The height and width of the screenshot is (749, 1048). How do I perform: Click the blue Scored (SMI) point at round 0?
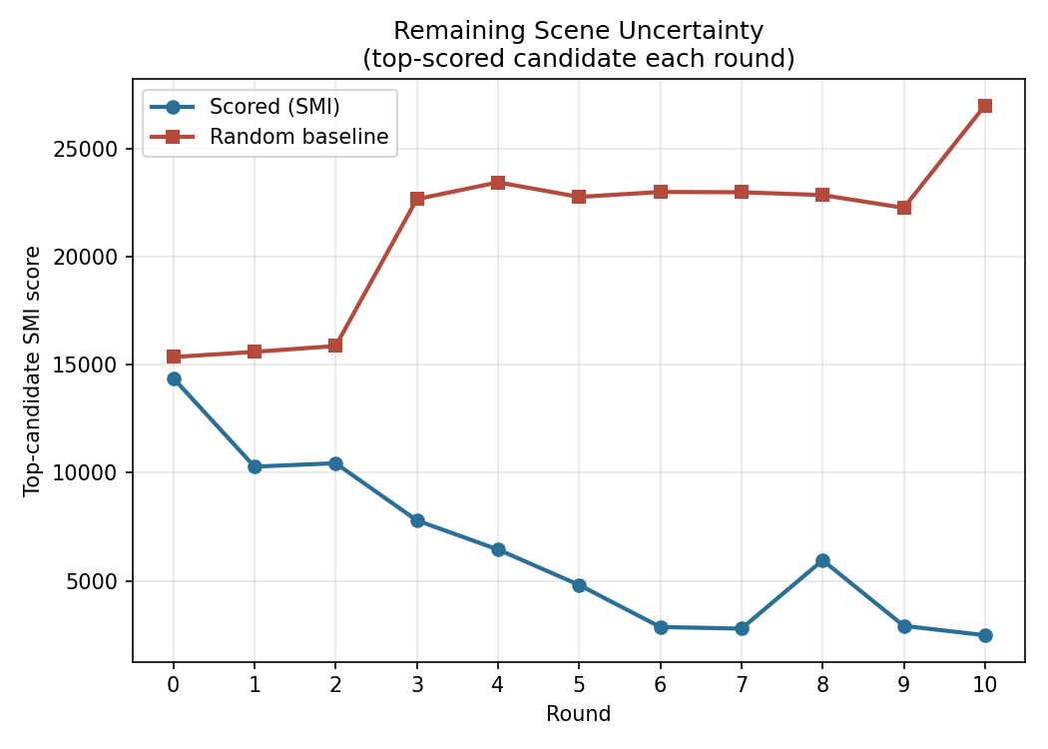(x=174, y=379)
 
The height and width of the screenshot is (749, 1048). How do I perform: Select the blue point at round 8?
(x=822, y=560)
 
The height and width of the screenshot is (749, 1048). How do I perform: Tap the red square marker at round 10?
(x=984, y=106)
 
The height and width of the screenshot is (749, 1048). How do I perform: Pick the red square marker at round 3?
(x=417, y=199)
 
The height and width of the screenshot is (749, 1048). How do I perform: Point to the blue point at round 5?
(x=580, y=585)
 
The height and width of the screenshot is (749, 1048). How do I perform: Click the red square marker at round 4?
(x=498, y=183)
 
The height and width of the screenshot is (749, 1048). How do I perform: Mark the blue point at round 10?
(x=984, y=635)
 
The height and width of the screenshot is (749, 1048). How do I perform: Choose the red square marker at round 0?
(x=174, y=357)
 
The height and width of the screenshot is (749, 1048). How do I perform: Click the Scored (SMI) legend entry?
(x=245, y=107)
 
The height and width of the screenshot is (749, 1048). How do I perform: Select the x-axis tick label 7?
(x=742, y=685)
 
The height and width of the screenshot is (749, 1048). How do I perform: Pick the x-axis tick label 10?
(x=984, y=685)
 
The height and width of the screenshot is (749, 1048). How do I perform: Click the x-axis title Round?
(x=579, y=714)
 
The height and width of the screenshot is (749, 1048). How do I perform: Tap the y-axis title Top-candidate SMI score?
(x=31, y=372)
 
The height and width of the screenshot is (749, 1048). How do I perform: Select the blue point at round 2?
(x=335, y=463)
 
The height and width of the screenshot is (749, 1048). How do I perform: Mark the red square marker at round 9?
(x=903, y=208)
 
